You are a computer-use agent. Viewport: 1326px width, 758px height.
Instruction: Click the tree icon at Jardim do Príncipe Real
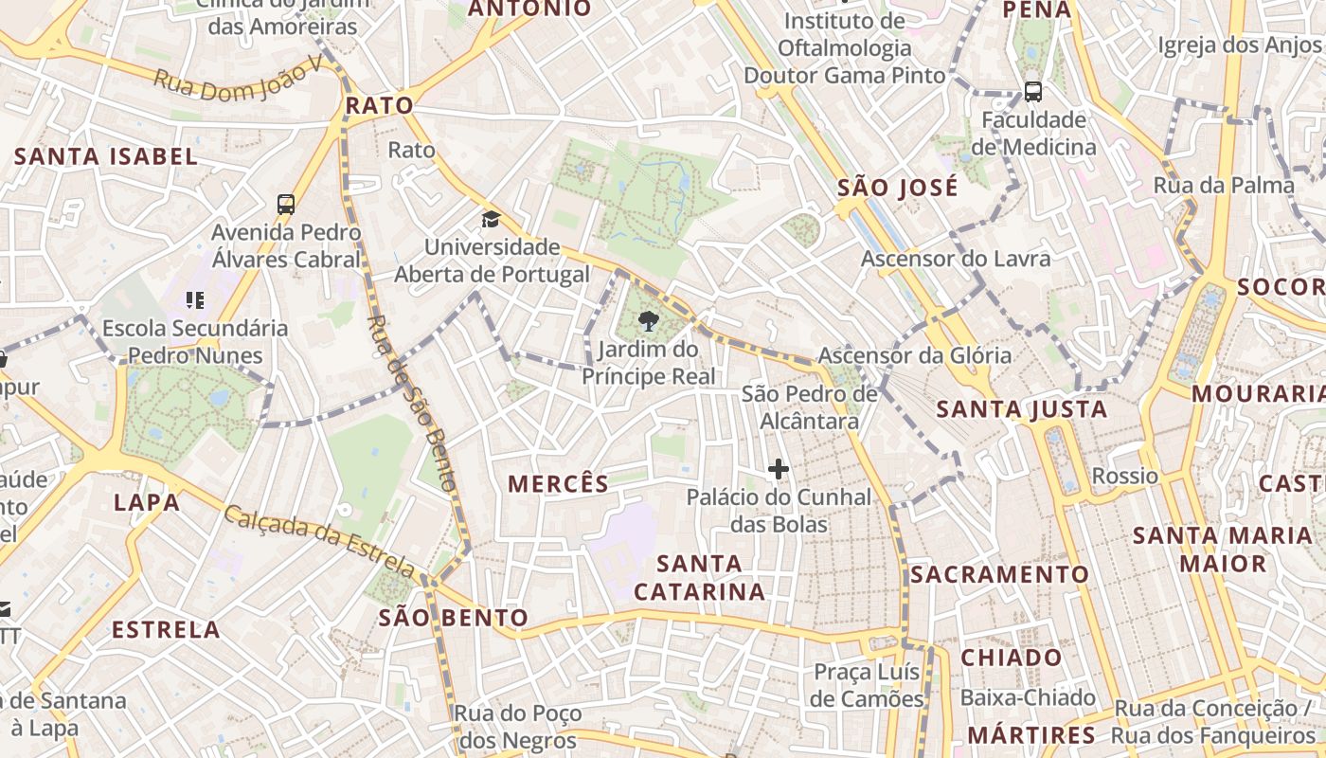click(649, 320)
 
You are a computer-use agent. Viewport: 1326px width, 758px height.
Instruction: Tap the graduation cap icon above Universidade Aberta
click(490, 220)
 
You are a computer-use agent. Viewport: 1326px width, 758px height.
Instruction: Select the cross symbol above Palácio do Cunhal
click(778, 468)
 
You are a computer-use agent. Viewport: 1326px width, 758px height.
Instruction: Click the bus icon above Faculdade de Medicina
click(1032, 92)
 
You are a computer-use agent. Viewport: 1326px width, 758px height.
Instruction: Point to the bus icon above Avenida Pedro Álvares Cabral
click(286, 204)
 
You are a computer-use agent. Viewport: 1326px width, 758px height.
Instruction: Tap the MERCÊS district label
click(559, 484)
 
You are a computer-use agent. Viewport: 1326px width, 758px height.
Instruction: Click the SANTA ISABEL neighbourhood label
click(106, 157)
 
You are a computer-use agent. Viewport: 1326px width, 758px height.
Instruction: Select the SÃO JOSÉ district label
click(898, 188)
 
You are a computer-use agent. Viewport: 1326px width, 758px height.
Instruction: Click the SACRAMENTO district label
click(1000, 575)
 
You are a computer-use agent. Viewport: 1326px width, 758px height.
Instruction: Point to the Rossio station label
click(1125, 476)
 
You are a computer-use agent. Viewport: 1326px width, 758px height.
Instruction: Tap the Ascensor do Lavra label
click(956, 259)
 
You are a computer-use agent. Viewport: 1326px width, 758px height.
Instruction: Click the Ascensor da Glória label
click(914, 356)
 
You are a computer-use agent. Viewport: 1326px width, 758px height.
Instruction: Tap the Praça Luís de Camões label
click(869, 686)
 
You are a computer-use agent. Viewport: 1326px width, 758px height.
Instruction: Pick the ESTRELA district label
click(166, 630)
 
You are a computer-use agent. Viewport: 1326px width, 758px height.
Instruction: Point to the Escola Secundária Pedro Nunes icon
click(195, 300)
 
